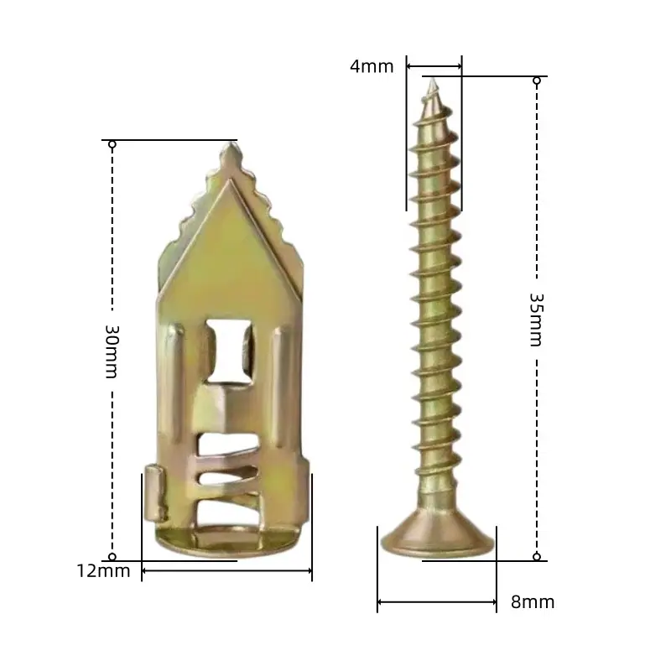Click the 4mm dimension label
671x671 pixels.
click(x=372, y=67)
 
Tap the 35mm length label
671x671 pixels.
click(x=536, y=320)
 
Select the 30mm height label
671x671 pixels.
click(x=112, y=351)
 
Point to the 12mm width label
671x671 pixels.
click(x=103, y=571)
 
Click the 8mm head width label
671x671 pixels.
click(x=533, y=602)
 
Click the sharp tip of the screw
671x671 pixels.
click(x=433, y=79)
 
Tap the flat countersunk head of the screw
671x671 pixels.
click(x=437, y=534)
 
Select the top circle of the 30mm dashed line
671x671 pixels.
click(x=112, y=144)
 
